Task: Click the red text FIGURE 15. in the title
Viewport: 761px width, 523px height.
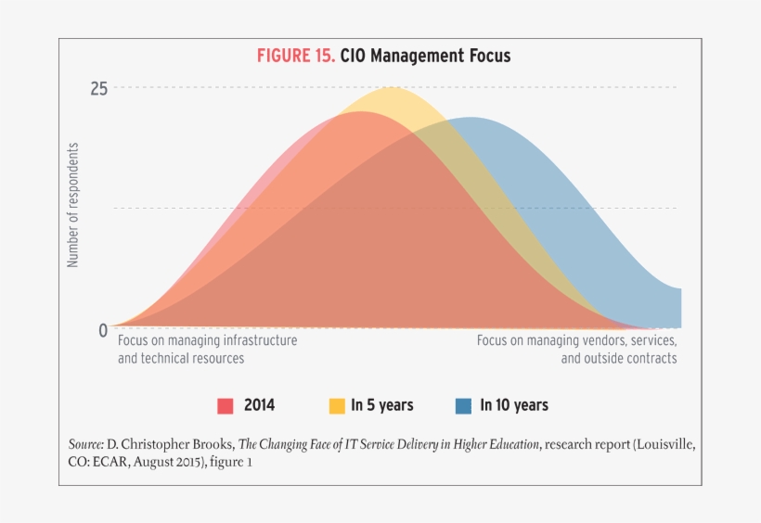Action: pos(295,56)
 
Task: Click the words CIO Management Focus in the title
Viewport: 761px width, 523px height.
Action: pos(425,56)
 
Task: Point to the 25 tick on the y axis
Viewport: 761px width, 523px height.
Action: pos(98,88)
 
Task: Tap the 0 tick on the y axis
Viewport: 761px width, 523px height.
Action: pos(103,330)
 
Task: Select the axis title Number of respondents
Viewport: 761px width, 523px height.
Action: pos(73,205)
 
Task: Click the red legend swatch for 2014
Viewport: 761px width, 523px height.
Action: pos(225,405)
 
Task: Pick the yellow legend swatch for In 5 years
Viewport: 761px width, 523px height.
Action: pos(337,405)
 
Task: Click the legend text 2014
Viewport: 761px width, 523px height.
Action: pos(259,405)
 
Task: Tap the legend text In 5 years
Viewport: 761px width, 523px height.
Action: pos(381,405)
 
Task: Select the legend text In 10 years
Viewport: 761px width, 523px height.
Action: pos(513,405)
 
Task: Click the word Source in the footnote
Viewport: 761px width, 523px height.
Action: pos(87,444)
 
